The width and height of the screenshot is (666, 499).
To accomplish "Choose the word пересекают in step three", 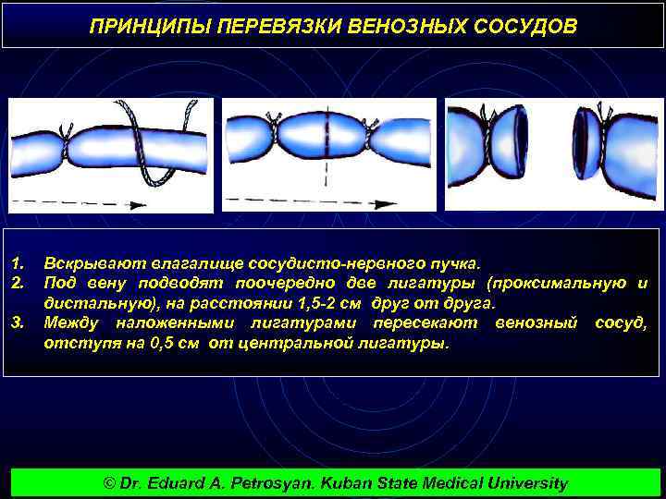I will [425, 323].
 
